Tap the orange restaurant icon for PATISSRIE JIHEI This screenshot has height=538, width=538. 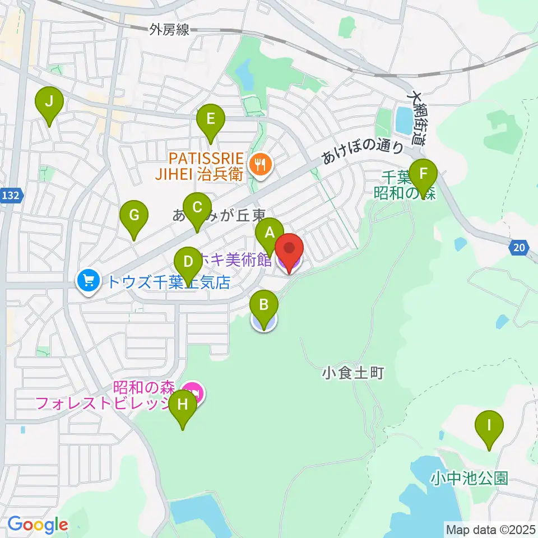point(258,165)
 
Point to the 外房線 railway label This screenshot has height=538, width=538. point(169,30)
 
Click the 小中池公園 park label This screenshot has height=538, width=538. point(470,478)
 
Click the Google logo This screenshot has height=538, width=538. point(38,525)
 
